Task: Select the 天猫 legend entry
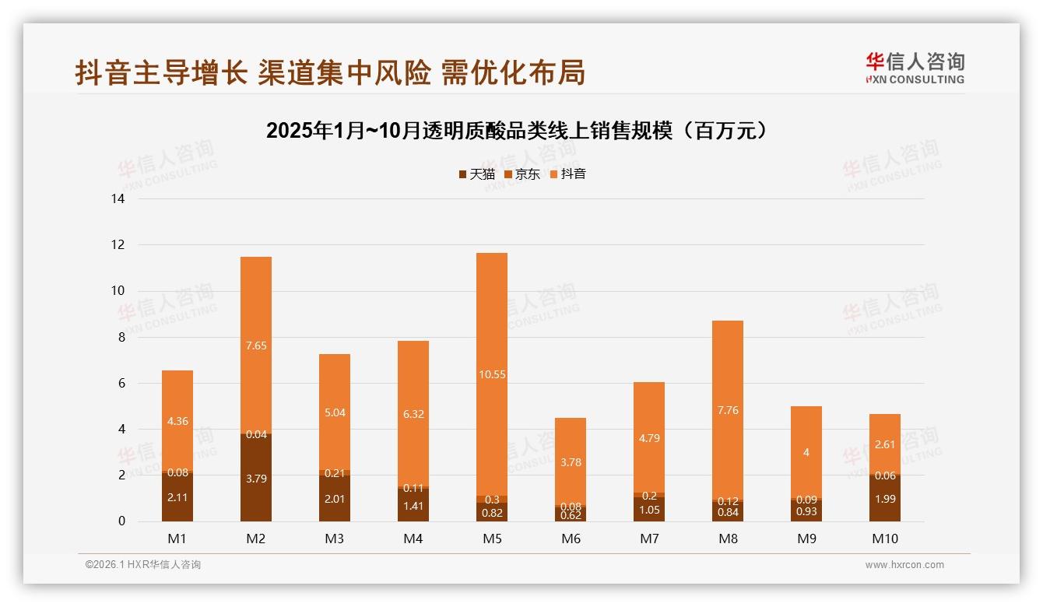476,174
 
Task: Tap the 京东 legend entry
521,174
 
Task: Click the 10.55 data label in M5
492,374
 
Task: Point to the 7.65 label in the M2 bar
256,346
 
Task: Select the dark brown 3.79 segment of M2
256,479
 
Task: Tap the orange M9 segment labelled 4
806,452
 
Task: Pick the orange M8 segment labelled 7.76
728,410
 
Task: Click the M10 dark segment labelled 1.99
885,499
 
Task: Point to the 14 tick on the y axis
118,199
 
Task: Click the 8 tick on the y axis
121,338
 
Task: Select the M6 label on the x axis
571,539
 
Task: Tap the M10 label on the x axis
885,539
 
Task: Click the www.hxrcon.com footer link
904,565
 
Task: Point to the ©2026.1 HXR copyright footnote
143,565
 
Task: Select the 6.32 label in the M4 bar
413,414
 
